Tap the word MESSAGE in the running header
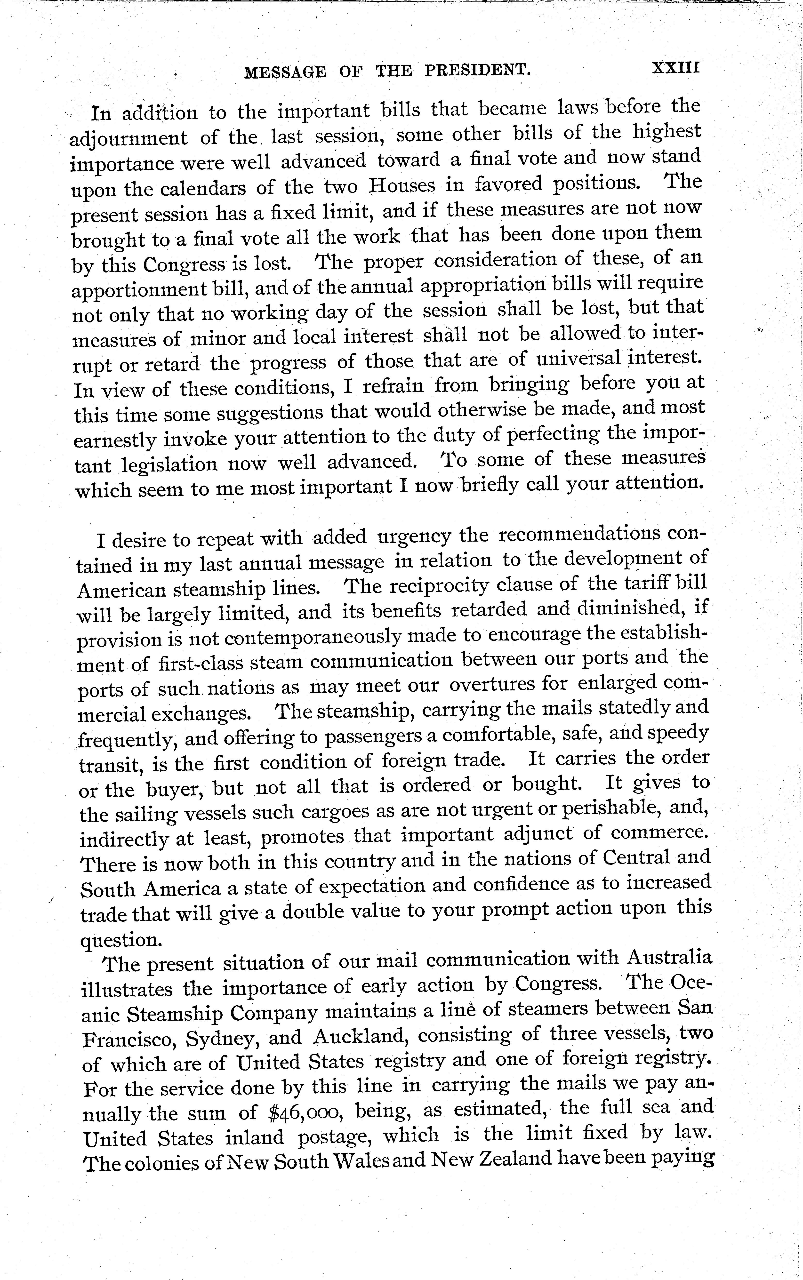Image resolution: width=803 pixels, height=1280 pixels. point(285,72)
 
